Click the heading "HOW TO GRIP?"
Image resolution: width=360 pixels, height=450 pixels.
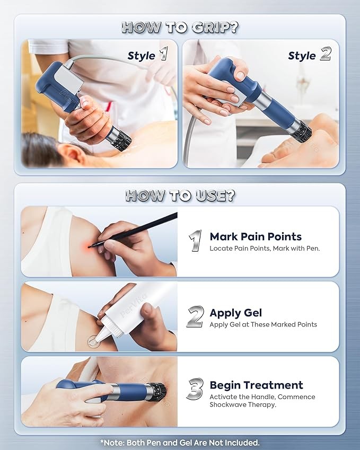coord(180,27)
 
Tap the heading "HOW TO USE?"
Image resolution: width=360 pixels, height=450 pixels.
coord(180,196)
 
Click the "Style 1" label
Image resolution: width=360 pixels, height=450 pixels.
coord(148,54)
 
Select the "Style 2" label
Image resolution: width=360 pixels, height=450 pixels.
coord(310,54)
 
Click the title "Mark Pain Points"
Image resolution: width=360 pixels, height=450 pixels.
coord(256,236)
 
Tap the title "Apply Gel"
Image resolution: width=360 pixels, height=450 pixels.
coord(236,313)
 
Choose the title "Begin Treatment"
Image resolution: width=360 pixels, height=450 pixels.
coord(256,385)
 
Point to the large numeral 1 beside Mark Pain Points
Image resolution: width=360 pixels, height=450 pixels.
coord(195,241)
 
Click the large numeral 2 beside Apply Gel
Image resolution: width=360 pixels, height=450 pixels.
coord(196,316)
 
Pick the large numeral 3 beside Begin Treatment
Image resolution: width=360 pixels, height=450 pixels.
coord(195,389)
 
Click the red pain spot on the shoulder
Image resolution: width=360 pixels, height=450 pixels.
coord(89,245)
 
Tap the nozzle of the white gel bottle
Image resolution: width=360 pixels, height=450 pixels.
coord(99,336)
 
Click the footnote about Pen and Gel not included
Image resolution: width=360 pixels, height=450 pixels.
coord(180,442)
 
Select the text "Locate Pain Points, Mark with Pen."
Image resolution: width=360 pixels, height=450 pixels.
coord(265,248)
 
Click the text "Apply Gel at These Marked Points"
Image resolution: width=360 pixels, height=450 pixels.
coord(264,324)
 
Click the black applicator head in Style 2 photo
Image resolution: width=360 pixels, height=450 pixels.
coord(302,132)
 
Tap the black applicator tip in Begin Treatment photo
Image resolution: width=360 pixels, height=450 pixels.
coord(159,391)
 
